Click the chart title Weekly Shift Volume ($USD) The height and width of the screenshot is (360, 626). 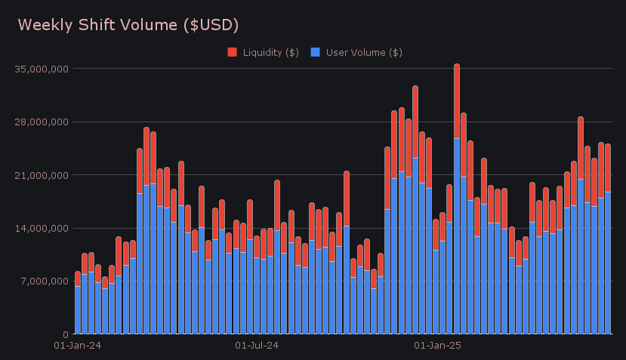pos(128,25)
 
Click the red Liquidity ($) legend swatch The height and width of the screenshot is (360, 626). pos(233,52)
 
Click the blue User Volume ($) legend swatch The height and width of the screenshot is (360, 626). pos(316,52)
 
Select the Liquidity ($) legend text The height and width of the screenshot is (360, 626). pos(270,52)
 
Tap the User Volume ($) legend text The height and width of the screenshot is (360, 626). pos(363,52)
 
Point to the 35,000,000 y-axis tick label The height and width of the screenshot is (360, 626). pos(43,69)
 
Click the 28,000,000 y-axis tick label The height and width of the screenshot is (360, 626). pos(43,122)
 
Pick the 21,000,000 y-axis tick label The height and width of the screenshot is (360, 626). pos(43,175)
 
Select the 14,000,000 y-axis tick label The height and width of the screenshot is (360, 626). pos(43,228)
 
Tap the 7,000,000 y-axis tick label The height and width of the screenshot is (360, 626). pos(45,281)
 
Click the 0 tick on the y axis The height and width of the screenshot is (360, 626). pos(66,334)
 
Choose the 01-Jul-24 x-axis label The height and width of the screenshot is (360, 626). pos(257,346)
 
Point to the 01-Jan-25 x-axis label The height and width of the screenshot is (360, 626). pos(438,346)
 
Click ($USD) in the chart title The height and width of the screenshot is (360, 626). pos(211,25)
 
